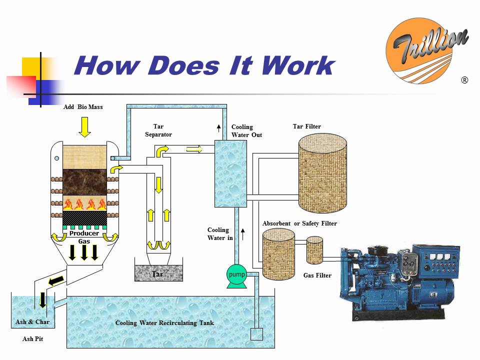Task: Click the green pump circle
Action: [236, 275]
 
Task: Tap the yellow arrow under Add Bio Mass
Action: [84, 127]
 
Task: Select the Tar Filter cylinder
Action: [322, 173]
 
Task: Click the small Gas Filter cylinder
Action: [314, 250]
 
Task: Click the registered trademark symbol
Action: [464, 80]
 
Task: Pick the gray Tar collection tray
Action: [158, 273]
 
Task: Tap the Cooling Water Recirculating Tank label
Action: [164, 323]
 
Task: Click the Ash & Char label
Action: [32, 322]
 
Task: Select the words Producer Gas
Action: [84, 237]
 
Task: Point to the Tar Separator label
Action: [158, 130]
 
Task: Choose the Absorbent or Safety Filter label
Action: [299, 223]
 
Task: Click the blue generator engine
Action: [400, 280]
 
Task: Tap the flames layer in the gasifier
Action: [84, 203]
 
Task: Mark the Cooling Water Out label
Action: [246, 131]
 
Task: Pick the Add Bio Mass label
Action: [83, 107]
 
